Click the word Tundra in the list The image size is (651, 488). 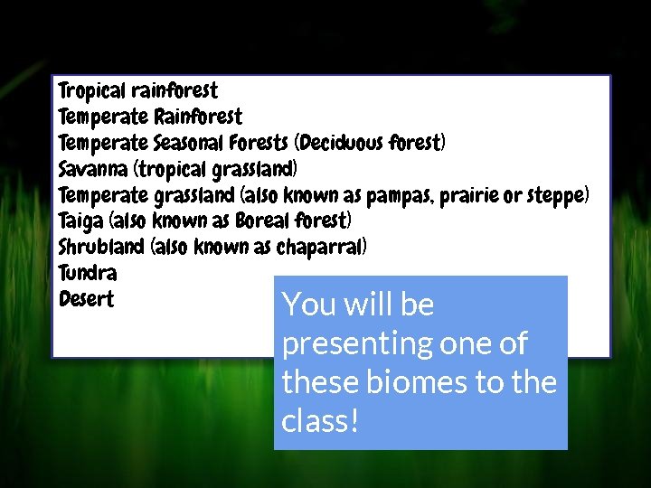[x=87, y=273]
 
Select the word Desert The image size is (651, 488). [x=86, y=299]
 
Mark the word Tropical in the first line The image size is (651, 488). [x=91, y=91]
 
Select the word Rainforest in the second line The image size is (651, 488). [x=198, y=117]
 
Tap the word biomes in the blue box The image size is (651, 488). [x=421, y=382]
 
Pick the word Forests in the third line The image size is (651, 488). [x=264, y=143]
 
